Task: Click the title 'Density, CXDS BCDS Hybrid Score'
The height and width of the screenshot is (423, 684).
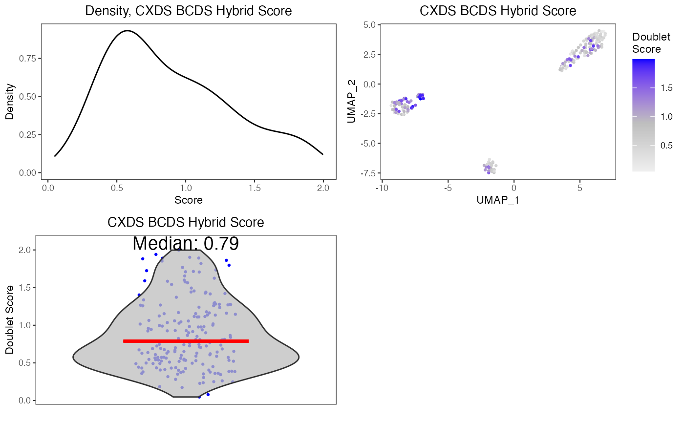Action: tap(188, 11)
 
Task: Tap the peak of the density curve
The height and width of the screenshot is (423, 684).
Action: tap(127, 31)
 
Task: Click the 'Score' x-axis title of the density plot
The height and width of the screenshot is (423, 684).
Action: tap(188, 200)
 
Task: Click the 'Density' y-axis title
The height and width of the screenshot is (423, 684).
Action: tap(10, 102)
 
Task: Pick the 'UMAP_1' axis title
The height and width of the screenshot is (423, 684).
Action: tap(497, 200)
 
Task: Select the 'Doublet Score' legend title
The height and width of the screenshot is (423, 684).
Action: tap(647, 43)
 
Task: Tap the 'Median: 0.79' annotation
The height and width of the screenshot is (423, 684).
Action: tap(186, 243)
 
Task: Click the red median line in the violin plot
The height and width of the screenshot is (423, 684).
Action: tap(186, 341)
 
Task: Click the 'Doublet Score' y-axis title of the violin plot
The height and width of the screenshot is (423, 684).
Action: tap(10, 320)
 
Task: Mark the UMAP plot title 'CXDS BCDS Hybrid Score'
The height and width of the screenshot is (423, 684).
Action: tap(497, 11)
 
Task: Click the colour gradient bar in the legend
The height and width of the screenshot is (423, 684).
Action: tap(643, 115)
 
